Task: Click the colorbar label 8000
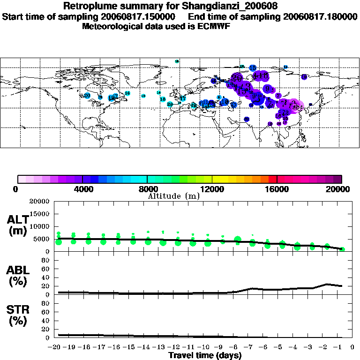147,189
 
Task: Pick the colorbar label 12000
212,189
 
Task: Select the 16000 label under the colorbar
277,189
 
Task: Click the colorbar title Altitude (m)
173,196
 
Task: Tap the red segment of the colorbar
272,179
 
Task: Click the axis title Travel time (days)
205,355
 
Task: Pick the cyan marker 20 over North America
87,96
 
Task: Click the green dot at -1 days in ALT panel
342,249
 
